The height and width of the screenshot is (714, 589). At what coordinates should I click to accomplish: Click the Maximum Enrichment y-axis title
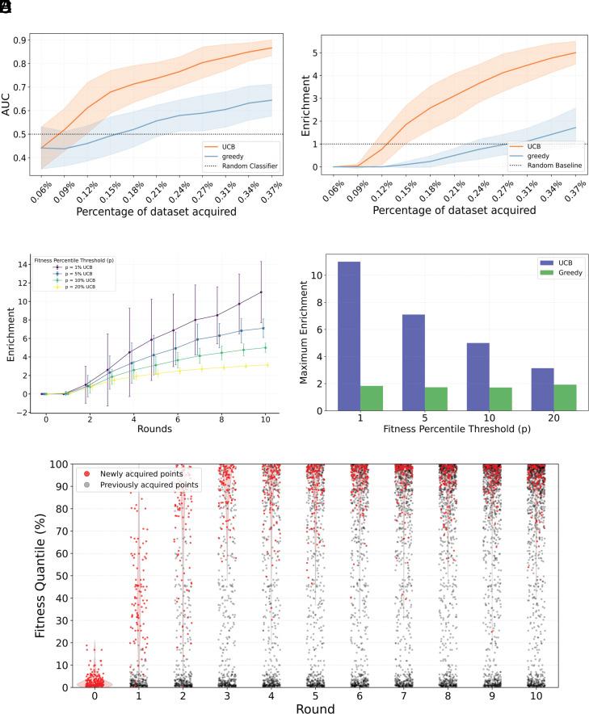306,333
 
